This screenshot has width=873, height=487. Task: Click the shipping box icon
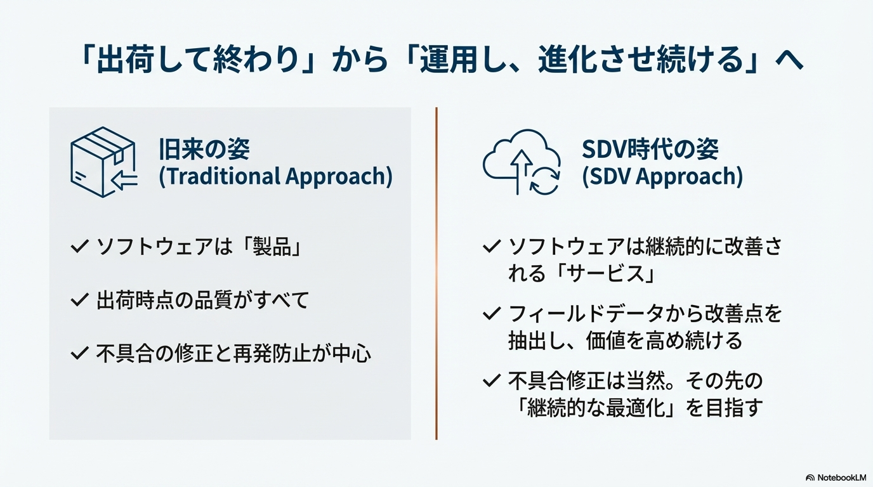click(x=103, y=162)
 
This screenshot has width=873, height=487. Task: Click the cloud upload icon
click(x=522, y=162)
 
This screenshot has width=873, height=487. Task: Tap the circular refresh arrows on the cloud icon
click(x=545, y=180)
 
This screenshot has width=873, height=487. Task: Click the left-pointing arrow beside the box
click(x=124, y=179)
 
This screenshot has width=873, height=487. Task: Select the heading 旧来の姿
click(x=204, y=149)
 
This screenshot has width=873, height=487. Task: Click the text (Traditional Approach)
click(x=275, y=176)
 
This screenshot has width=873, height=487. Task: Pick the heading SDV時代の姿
click(x=650, y=149)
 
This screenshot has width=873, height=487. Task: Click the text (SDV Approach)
click(x=662, y=176)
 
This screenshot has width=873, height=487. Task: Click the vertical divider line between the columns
click(x=436, y=273)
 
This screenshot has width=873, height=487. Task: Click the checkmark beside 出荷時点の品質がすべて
click(x=79, y=300)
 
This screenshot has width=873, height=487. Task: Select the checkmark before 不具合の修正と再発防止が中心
click(x=79, y=353)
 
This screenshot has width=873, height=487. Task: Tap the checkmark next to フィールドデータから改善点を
click(x=492, y=314)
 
